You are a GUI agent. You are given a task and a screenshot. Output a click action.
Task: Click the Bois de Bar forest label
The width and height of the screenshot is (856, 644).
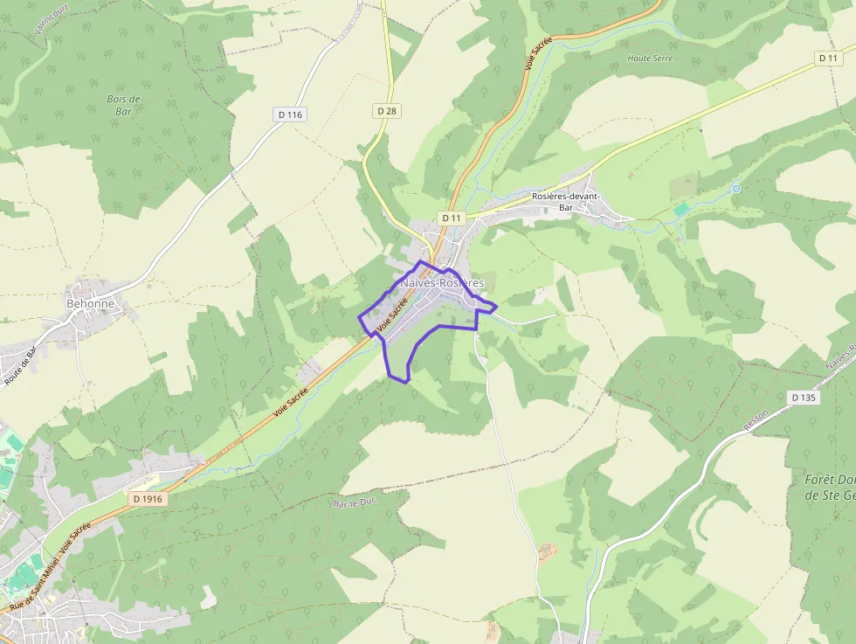tap(123, 105)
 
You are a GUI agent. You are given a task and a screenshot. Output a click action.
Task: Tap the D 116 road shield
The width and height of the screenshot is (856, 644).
tap(290, 114)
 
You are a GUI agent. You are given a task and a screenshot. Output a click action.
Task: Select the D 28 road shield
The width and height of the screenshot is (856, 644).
tap(387, 111)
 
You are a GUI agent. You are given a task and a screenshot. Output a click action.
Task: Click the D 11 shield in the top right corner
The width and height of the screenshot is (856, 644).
tap(829, 58)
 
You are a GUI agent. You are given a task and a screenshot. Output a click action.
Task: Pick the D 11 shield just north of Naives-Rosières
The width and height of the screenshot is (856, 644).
tap(451, 218)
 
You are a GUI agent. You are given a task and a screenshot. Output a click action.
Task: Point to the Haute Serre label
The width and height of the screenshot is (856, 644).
tap(651, 59)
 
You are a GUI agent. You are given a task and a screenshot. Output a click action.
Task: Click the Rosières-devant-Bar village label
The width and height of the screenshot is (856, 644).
tap(565, 202)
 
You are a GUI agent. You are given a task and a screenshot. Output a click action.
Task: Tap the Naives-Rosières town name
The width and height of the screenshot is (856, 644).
tap(442, 283)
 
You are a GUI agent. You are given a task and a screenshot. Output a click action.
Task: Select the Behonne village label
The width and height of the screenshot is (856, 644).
tap(90, 303)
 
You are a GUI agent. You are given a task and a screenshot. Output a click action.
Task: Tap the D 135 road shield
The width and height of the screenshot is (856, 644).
tap(804, 398)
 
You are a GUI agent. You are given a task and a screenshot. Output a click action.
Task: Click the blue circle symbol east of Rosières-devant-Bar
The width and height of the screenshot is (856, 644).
tap(736, 188)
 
